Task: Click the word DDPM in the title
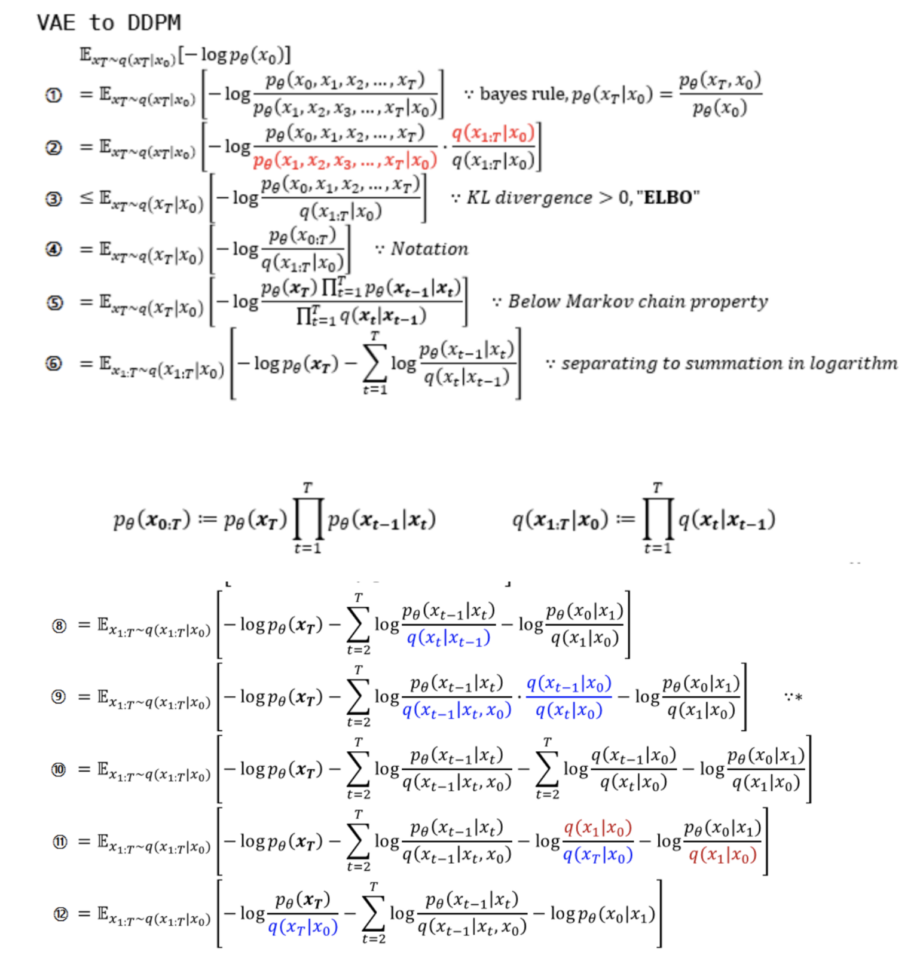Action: click(154, 23)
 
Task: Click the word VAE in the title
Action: click(56, 23)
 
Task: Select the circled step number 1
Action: click(54, 95)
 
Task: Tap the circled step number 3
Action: click(54, 199)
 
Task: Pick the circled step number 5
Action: click(54, 302)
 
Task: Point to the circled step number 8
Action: click(59, 626)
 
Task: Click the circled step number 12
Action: click(60, 914)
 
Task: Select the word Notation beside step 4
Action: click(429, 249)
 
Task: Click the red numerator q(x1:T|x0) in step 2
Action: click(493, 134)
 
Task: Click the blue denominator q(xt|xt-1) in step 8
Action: click(448, 638)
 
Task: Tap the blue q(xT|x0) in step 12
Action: click(302, 927)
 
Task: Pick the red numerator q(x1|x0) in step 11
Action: click(598, 828)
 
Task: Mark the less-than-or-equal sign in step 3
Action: click(87, 198)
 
